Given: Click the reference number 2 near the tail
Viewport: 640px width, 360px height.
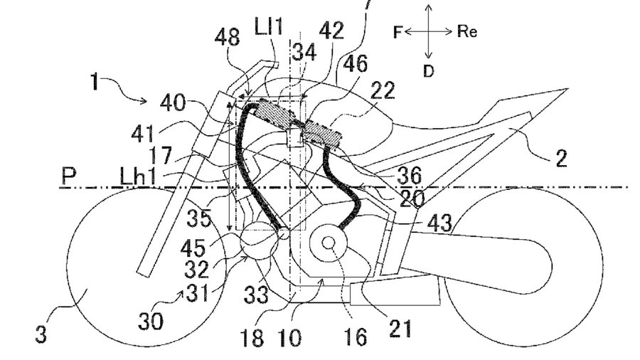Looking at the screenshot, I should (562, 159).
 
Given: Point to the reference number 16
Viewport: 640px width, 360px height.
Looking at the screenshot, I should (360, 336).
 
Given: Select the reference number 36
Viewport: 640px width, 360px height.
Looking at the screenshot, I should (410, 173).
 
